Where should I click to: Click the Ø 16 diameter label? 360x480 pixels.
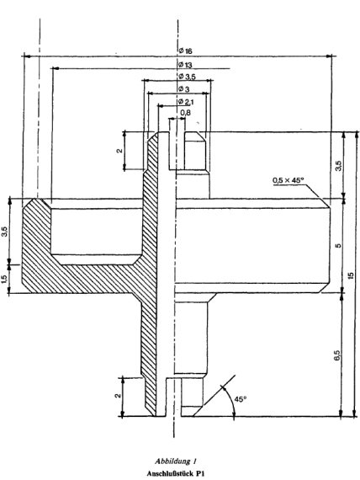click(185, 51)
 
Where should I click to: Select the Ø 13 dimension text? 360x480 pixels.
click(185, 65)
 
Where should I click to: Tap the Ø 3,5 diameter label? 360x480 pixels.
click(187, 77)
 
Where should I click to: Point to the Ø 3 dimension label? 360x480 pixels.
click(184, 89)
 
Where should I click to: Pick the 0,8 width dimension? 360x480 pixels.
click(185, 113)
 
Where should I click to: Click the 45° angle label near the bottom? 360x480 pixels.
click(241, 399)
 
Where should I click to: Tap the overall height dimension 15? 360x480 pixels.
click(351, 275)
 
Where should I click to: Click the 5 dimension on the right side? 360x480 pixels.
click(338, 246)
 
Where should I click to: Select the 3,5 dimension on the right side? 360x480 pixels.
click(338, 166)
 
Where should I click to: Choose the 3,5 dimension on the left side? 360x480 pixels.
click(5, 231)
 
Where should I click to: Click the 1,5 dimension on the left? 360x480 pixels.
click(4, 279)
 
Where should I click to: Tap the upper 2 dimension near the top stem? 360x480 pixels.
click(119, 150)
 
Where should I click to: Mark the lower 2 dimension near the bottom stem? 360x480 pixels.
click(118, 396)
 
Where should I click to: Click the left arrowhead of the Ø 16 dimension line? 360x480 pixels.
click(27, 56)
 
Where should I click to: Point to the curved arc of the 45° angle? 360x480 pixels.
click(230, 401)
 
